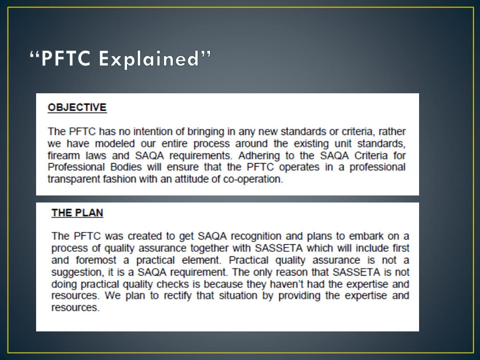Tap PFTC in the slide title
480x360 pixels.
coord(66,60)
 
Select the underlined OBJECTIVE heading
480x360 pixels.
coord(77,107)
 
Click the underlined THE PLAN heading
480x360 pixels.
coord(77,213)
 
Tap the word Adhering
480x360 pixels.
coord(253,155)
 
